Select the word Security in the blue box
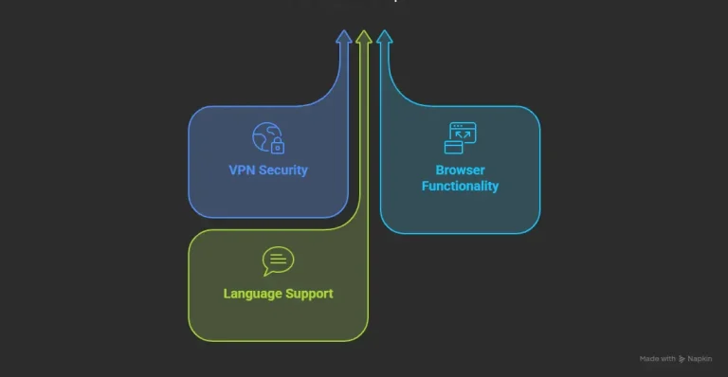[282, 171]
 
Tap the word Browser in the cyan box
[460, 171]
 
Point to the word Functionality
[460, 187]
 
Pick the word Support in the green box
[310, 294]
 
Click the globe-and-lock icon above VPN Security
[267, 138]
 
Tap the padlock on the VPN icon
[278, 147]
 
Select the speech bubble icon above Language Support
[278, 260]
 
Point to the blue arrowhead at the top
[344, 38]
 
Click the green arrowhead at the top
[364, 37]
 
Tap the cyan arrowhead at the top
[384, 38]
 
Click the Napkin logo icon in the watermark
[682, 360]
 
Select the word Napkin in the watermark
[701, 360]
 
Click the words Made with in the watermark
[657, 360]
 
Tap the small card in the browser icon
[453, 147]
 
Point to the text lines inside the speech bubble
[278, 259]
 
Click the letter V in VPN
[233, 171]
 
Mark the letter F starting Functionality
[426, 187]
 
